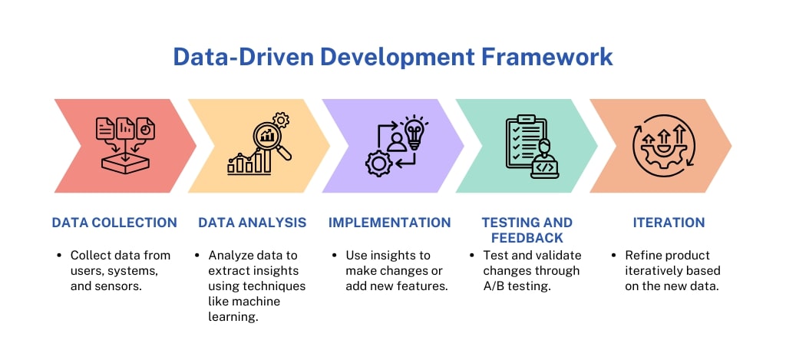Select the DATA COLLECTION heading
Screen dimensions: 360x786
[114, 223]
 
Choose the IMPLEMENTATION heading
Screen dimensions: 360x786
[389, 223]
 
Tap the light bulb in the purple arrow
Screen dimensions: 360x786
[414, 131]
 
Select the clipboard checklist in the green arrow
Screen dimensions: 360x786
[524, 141]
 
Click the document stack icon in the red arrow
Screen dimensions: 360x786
[124, 128]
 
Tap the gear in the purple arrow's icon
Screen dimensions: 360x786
[377, 164]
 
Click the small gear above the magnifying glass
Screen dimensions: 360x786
[282, 119]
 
